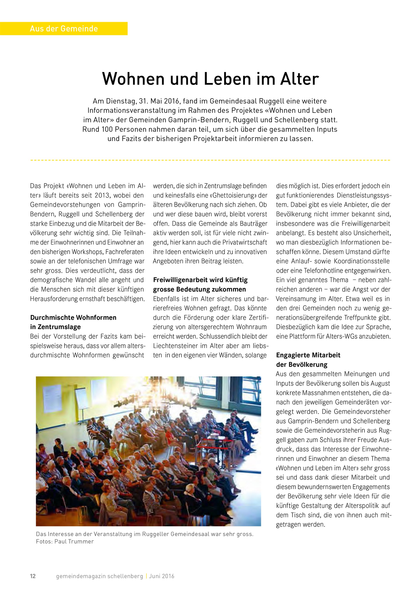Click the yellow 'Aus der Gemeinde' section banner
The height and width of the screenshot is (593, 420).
pyautogui.click(x=64, y=28)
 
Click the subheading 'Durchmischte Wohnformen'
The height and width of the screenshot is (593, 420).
pyautogui.click(x=73, y=317)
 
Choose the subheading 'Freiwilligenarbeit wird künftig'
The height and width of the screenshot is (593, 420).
pyautogui.click(x=200, y=280)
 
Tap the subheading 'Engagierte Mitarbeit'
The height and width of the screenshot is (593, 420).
pyautogui.click(x=308, y=355)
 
